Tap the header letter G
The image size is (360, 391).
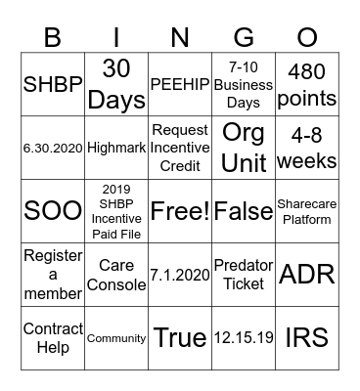click(x=244, y=38)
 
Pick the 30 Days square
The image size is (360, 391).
click(x=116, y=85)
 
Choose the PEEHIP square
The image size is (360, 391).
click(x=180, y=85)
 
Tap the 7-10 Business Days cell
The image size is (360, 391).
click(x=244, y=85)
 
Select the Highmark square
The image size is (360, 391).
click(x=116, y=148)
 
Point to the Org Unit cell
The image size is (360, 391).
click(x=244, y=148)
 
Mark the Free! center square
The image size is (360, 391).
click(x=180, y=211)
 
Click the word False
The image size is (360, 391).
click(x=244, y=211)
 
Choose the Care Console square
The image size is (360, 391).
click(x=116, y=275)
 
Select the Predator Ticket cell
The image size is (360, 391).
click(x=244, y=275)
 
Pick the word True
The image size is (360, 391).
click(x=180, y=338)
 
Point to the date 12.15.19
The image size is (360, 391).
click(x=244, y=338)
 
